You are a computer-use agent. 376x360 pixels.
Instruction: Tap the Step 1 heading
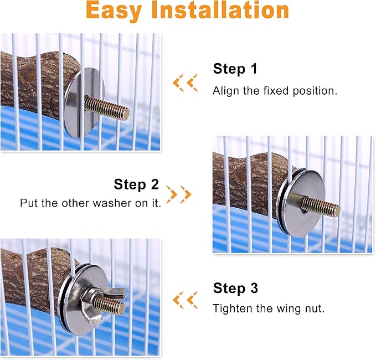pos(235,69)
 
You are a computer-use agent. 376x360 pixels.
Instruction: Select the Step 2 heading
pos(136,184)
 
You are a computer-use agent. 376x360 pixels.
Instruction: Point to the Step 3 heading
pos(235,288)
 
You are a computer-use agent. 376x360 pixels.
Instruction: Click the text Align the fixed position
pos(275,91)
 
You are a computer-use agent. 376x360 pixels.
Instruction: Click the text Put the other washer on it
pos(90,203)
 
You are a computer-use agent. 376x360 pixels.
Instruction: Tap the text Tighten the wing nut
pos(269,308)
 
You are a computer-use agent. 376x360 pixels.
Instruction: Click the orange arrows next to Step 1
pos(185,83)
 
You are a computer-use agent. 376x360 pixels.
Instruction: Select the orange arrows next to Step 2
pos(179,194)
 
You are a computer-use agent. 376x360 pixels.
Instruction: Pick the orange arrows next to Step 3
pos(185,300)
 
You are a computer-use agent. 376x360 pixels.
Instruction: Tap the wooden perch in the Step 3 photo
pos(33,277)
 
